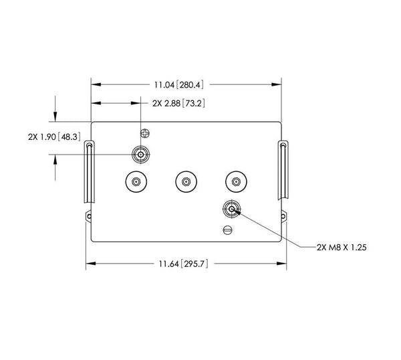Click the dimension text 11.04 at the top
pyautogui.click(x=165, y=85)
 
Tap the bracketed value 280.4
pyautogui.click(x=191, y=85)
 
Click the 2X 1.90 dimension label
pyautogui.click(x=43, y=137)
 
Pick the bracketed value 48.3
pyautogui.click(x=70, y=137)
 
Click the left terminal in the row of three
pyautogui.click(x=136, y=181)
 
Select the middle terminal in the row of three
pyautogui.click(x=185, y=181)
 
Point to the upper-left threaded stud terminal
pyautogui.click(x=141, y=155)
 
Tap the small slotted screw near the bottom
pyautogui.click(x=227, y=231)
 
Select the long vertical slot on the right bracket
pyautogui.click(x=283, y=170)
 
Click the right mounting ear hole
pyautogui.click(x=283, y=215)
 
